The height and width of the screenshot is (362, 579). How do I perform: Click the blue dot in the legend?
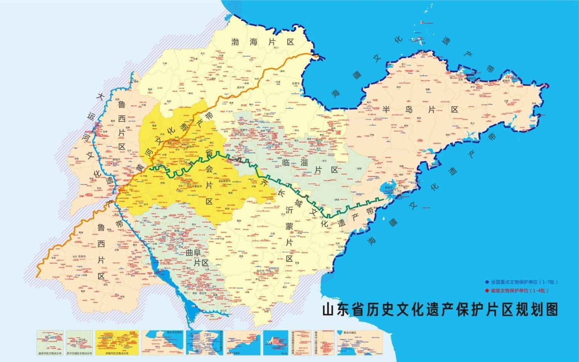[487, 282]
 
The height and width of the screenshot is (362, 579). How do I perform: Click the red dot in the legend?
[487, 290]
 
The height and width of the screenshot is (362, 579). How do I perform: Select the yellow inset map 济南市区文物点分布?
[117, 342]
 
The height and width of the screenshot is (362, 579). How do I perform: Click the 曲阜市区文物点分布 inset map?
[50, 342]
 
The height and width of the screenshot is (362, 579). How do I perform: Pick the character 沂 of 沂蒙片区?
[289, 210]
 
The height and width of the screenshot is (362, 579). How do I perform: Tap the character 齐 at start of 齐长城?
[265, 181]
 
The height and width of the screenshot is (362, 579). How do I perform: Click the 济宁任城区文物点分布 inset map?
[79, 342]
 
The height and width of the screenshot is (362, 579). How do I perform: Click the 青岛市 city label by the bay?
[387, 187]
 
